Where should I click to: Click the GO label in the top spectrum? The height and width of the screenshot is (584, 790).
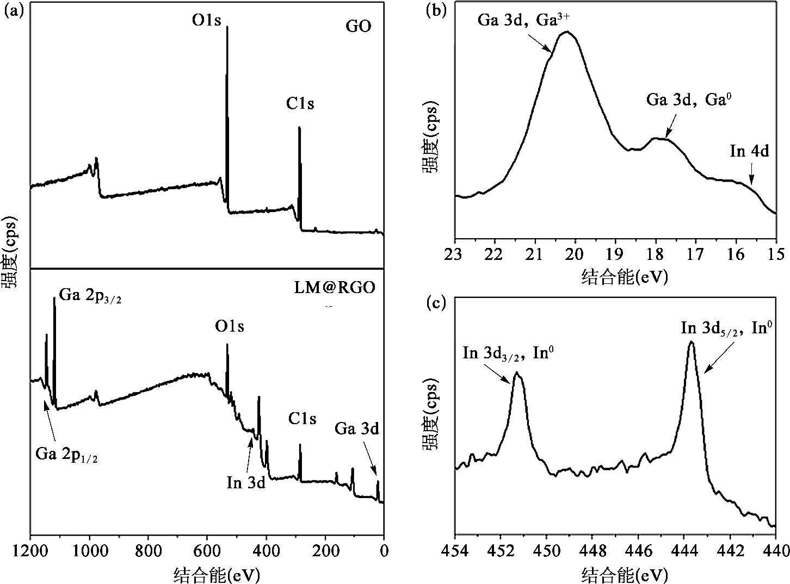(x=359, y=27)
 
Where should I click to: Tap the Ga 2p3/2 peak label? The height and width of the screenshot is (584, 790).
(x=90, y=297)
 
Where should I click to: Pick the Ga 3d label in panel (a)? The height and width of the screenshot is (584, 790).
(x=356, y=428)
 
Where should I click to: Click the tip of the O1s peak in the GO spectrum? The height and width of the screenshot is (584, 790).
(x=227, y=27)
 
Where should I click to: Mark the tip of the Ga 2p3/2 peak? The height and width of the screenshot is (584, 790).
(x=54, y=298)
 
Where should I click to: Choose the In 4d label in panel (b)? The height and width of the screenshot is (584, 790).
(x=749, y=151)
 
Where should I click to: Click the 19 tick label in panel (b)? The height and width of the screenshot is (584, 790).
(x=615, y=254)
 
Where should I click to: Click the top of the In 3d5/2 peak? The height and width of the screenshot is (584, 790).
(x=691, y=342)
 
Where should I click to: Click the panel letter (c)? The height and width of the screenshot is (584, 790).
(x=435, y=303)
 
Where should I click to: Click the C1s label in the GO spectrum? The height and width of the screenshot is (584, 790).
(x=300, y=103)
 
